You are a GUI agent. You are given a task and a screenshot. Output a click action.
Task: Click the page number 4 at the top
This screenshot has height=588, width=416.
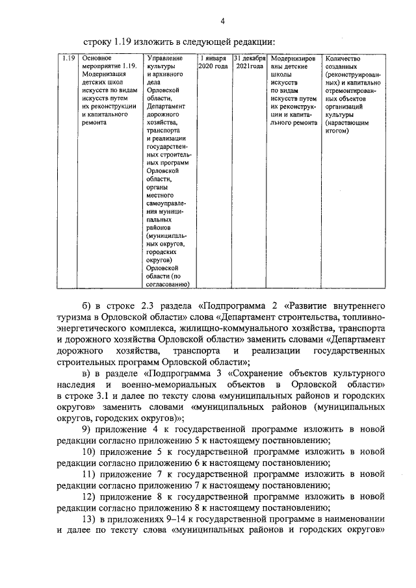click(x=222, y=21)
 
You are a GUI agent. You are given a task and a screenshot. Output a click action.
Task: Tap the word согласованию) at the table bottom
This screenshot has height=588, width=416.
click(x=168, y=285)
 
